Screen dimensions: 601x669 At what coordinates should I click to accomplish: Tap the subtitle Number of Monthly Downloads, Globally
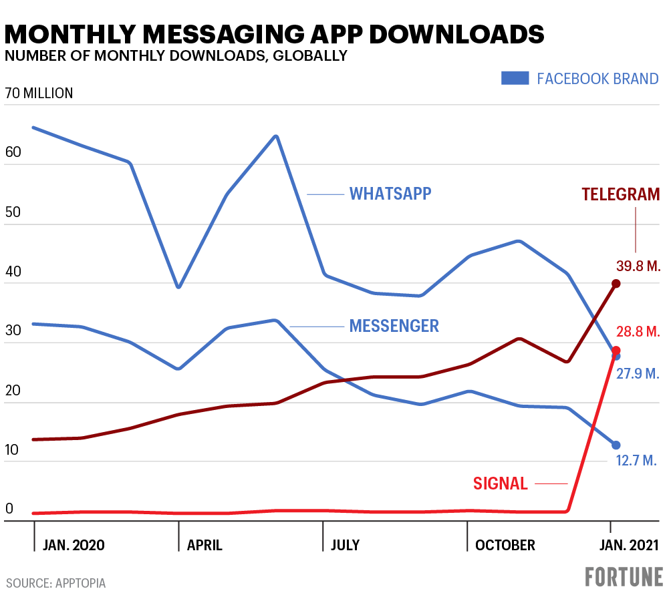(176, 56)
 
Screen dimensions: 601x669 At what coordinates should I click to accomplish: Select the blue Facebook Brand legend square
(515, 79)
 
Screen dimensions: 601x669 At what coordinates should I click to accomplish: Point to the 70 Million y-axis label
(39, 93)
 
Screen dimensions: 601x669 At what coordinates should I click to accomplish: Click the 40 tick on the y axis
(13, 272)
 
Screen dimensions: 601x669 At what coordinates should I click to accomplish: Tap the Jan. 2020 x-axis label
(74, 545)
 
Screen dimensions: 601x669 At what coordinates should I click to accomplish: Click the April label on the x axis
(205, 545)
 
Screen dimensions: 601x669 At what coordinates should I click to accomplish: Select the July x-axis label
(345, 545)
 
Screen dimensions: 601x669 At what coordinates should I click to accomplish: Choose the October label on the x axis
(505, 545)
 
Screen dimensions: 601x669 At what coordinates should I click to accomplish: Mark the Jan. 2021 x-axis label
(626, 545)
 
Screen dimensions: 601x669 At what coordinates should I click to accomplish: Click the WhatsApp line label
(390, 194)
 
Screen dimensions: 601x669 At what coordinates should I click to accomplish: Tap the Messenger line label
(394, 326)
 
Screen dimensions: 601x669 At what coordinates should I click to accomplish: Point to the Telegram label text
(621, 194)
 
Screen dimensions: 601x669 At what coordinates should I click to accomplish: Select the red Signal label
(501, 483)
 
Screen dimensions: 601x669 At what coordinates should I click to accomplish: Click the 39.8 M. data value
(638, 266)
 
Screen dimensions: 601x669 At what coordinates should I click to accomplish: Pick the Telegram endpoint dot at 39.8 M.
(616, 284)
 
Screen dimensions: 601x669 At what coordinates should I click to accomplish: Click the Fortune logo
(624, 576)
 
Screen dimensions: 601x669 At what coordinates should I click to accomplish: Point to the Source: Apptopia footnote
(56, 583)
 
